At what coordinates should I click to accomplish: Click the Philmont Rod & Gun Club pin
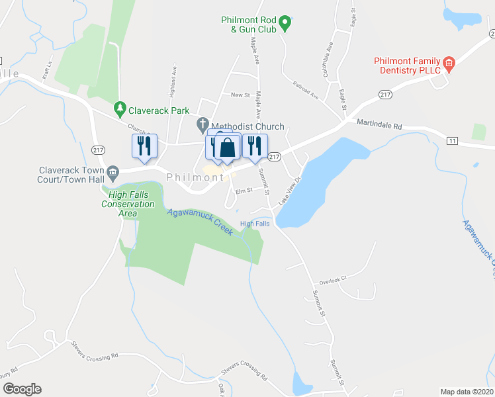click(x=285, y=24)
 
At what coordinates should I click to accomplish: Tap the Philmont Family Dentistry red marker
click(x=449, y=64)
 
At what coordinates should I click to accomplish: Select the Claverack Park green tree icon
click(x=120, y=107)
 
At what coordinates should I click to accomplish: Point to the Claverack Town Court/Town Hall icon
click(x=112, y=174)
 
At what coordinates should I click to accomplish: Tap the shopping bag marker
click(x=227, y=148)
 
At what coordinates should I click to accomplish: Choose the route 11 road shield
click(x=452, y=141)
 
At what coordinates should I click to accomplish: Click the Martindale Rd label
click(x=379, y=124)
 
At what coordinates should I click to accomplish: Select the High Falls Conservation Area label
click(x=128, y=204)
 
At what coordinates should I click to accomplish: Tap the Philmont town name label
click(x=195, y=177)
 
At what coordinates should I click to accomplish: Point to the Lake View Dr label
click(x=289, y=191)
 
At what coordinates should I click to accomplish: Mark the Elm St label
click(x=245, y=191)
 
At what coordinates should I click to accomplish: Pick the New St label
click(x=239, y=95)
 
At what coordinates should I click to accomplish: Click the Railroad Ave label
click(x=306, y=91)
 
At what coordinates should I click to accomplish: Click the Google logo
click(x=22, y=389)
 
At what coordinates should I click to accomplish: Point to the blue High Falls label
click(x=255, y=224)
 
